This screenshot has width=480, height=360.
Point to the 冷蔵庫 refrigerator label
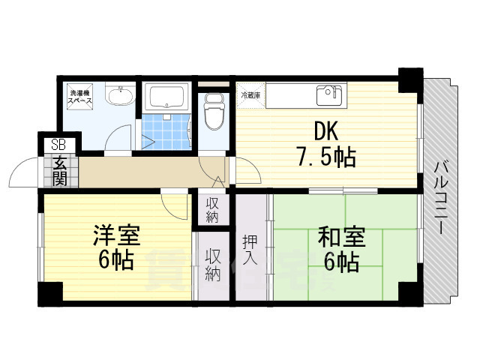tap(250, 95)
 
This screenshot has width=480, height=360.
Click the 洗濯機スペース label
tap(79, 95)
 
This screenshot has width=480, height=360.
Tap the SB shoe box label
tap(58, 145)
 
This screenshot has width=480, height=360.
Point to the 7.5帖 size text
tap(324, 157)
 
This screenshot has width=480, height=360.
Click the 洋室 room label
tap(116, 235)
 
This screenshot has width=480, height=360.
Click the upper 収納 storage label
tap(213, 209)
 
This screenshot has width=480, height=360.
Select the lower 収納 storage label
tap(213, 265)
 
